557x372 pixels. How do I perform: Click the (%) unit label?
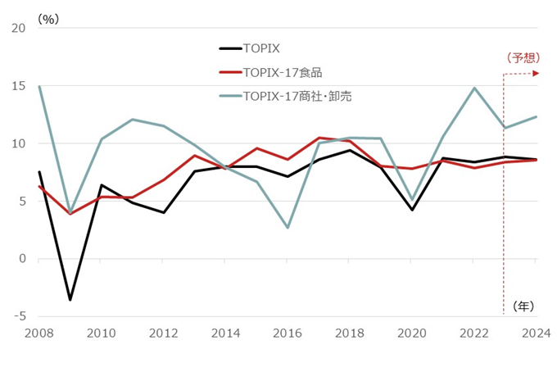coord(48,18)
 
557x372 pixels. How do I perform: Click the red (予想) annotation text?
coord(522,57)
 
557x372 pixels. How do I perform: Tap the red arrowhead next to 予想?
coord(536,74)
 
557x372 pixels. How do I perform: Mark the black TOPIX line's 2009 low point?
coord(70,300)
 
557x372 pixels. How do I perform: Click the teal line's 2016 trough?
coord(288,228)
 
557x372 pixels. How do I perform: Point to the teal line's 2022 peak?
coord(474,88)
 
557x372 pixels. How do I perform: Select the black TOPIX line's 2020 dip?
coord(412,210)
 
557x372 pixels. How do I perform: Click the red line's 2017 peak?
coord(319,138)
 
